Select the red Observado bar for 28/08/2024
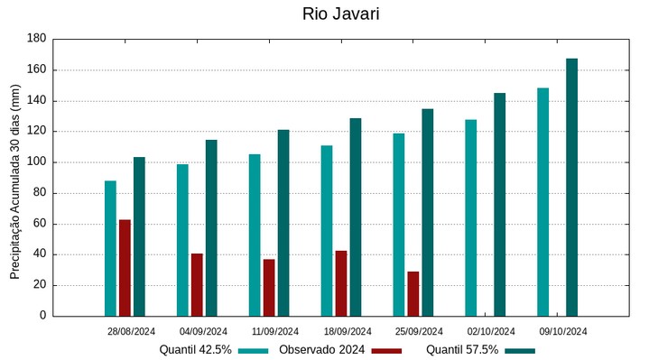click(125, 267)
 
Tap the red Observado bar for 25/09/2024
click(413, 293)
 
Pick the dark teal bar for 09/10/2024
click(571, 187)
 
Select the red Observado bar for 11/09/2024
click(269, 287)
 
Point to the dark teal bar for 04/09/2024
click(211, 227)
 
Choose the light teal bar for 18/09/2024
click(327, 230)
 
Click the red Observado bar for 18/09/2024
click(341, 282)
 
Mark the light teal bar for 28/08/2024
click(110, 248)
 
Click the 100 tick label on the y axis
click(36, 162)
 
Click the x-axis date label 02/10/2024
click(492, 331)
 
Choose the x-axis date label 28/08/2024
click(131, 331)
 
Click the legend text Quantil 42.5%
click(196, 349)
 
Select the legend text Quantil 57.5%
click(462, 349)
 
